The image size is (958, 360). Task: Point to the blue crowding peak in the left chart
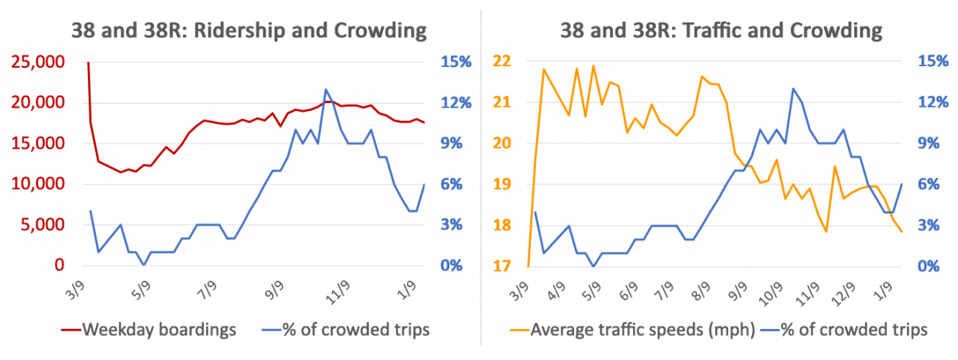[x=326, y=89]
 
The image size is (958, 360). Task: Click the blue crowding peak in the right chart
[x=793, y=89]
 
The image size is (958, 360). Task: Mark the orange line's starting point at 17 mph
[x=528, y=266]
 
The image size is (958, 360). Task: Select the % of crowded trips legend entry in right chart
[x=846, y=330]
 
